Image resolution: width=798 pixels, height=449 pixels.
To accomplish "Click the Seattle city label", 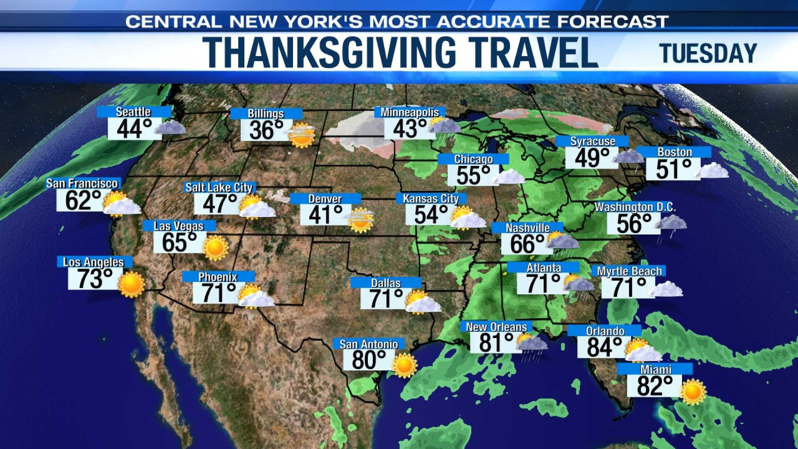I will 133,112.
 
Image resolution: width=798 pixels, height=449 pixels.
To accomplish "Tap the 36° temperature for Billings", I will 266,131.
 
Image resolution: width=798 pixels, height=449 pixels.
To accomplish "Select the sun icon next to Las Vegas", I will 215,248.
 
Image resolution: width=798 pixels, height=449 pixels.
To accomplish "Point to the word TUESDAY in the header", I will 708,54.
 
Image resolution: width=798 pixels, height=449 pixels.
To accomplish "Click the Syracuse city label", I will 592,141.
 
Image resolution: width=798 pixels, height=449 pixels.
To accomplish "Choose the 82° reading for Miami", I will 655,386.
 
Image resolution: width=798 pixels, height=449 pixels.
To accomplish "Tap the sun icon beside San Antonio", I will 404,365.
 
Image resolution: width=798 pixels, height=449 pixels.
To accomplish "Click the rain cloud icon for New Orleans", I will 531,345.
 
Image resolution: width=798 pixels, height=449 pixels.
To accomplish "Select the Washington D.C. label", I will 635,207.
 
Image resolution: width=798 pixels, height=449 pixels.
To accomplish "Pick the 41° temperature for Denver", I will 325,215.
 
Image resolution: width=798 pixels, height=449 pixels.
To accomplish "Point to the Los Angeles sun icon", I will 131,284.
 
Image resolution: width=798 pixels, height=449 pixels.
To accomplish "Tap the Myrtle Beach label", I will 629,271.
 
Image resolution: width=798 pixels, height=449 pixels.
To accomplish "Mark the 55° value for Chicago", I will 473,175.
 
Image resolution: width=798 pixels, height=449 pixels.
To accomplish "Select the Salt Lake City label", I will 219,187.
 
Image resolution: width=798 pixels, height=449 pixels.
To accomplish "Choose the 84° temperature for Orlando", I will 604,348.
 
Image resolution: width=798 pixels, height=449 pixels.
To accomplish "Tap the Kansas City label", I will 431,199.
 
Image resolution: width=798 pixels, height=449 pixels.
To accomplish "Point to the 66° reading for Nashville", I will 527,244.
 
